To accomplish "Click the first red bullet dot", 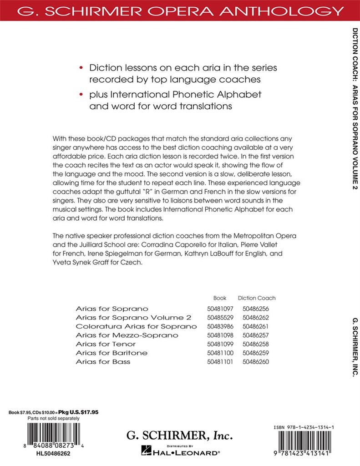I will [81, 68].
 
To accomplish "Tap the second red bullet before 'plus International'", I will [81, 95].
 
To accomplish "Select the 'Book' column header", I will [220, 298].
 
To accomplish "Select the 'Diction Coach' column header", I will [256, 298].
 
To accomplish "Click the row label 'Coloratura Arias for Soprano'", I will [136, 326].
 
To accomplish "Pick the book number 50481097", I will [220, 309].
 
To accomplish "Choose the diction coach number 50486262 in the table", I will [256, 317].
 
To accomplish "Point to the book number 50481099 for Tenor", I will [220, 344].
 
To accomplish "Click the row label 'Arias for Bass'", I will [103, 361].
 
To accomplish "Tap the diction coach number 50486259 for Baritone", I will [256, 353].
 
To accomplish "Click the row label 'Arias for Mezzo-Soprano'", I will [121, 335].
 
